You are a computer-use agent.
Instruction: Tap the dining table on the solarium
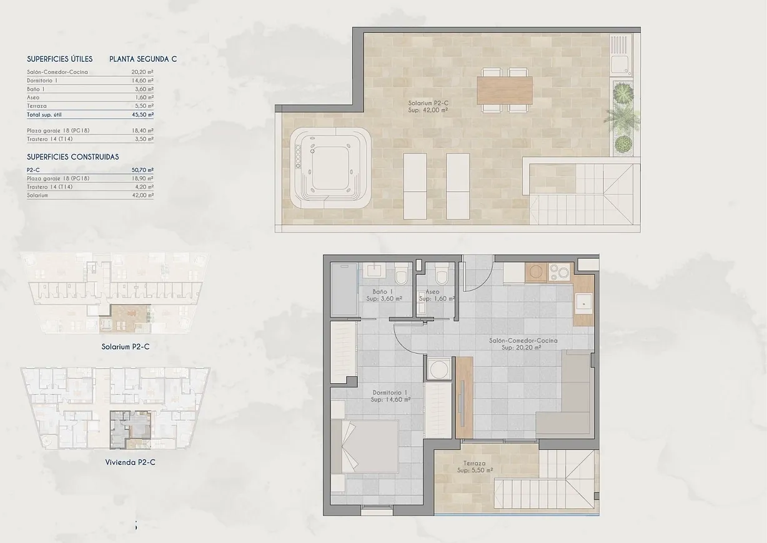505,89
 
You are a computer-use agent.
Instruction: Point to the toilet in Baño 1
401,273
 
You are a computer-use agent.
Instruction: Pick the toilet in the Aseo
442,273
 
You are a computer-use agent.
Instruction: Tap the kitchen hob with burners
560,272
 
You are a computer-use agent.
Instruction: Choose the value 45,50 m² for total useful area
142,115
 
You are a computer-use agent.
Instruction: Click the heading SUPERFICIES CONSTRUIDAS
72,157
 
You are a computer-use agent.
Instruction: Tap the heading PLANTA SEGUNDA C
143,59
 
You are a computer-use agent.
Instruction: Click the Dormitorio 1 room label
390,396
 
